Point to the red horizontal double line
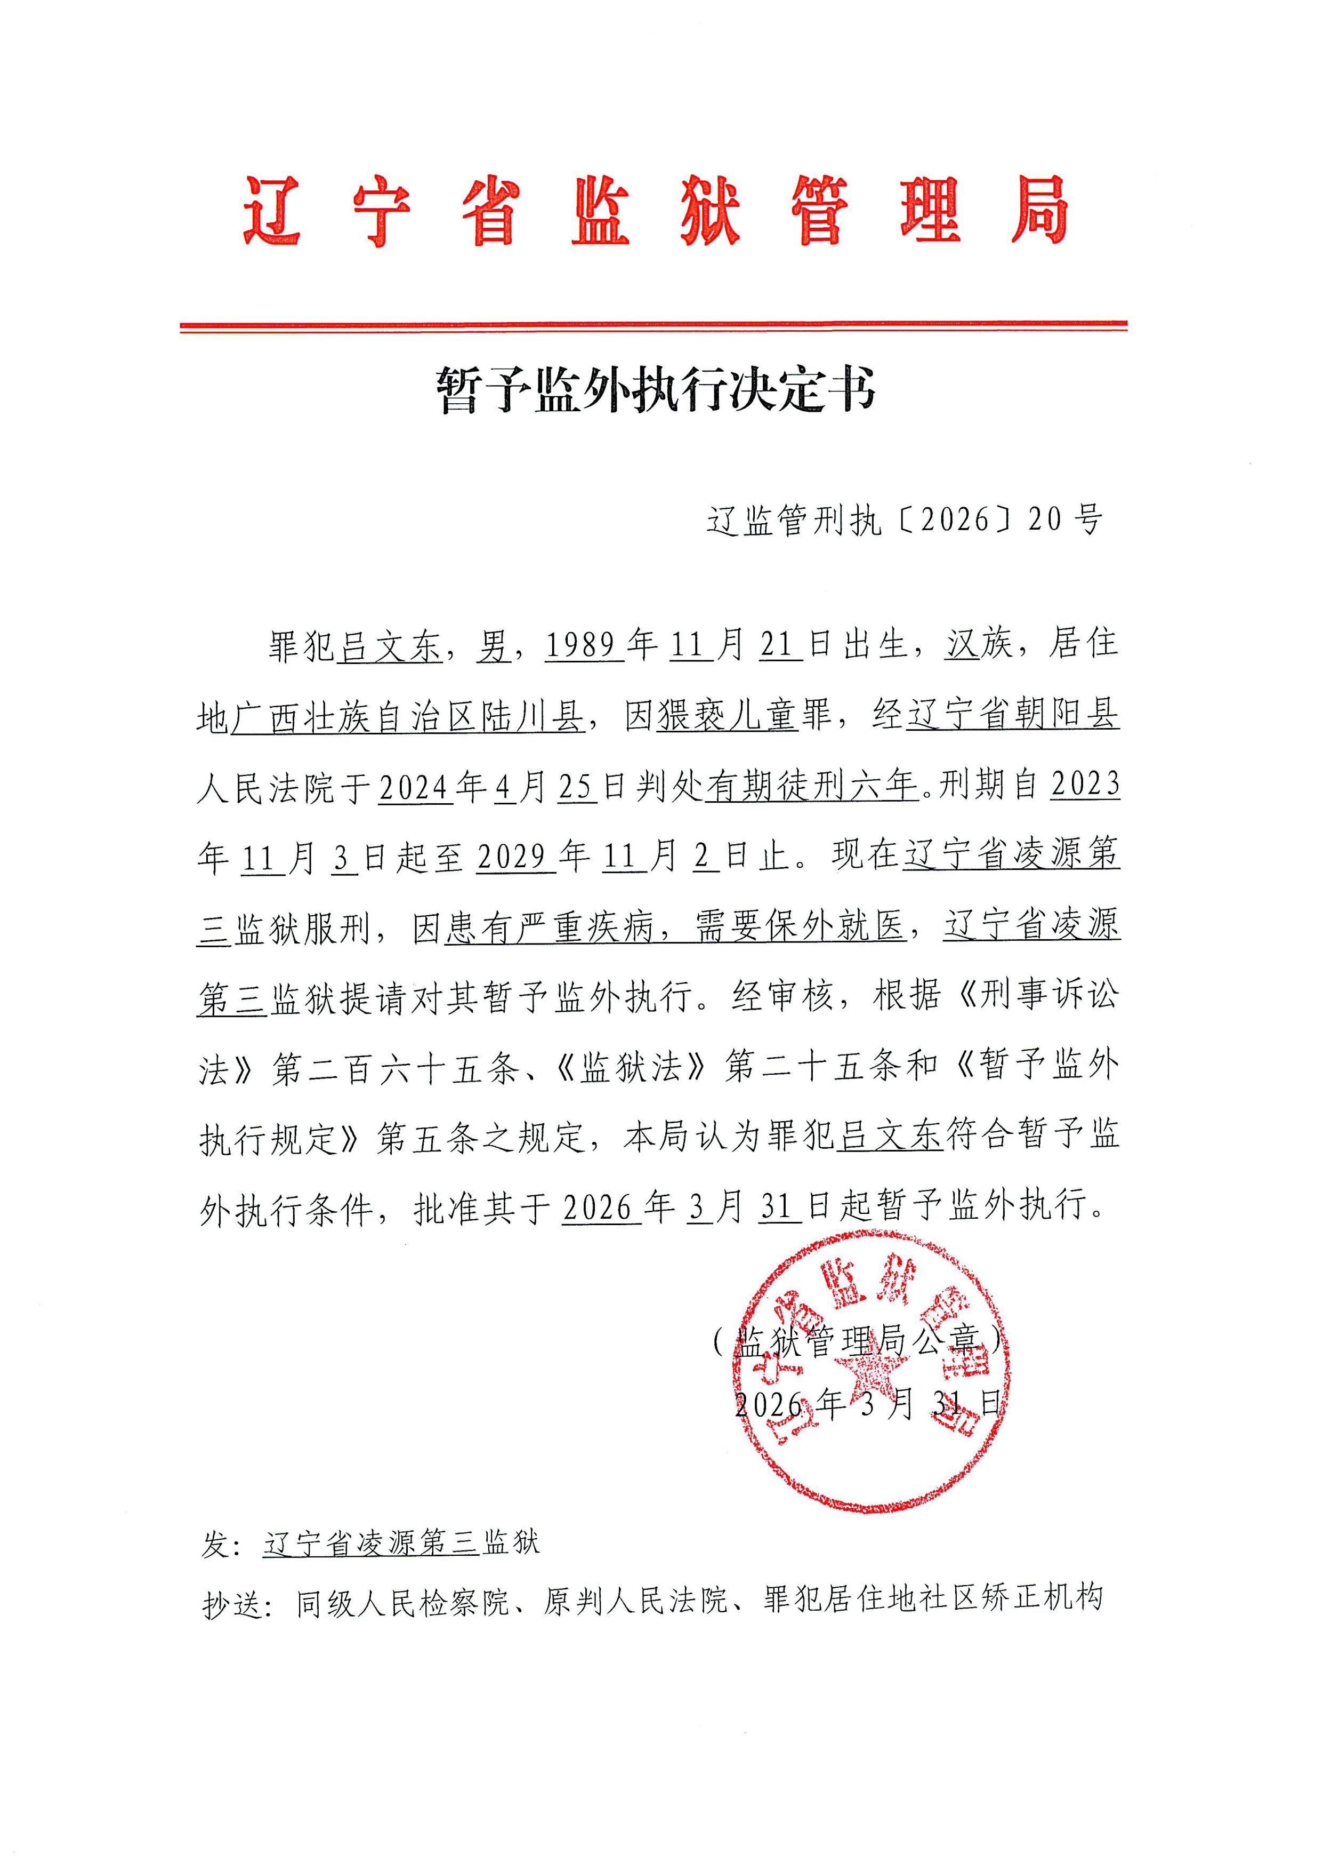click(x=654, y=327)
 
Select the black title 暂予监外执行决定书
click(x=656, y=389)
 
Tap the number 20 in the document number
click(x=1045, y=519)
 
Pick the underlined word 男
click(x=494, y=645)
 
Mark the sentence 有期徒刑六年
click(x=811, y=786)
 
